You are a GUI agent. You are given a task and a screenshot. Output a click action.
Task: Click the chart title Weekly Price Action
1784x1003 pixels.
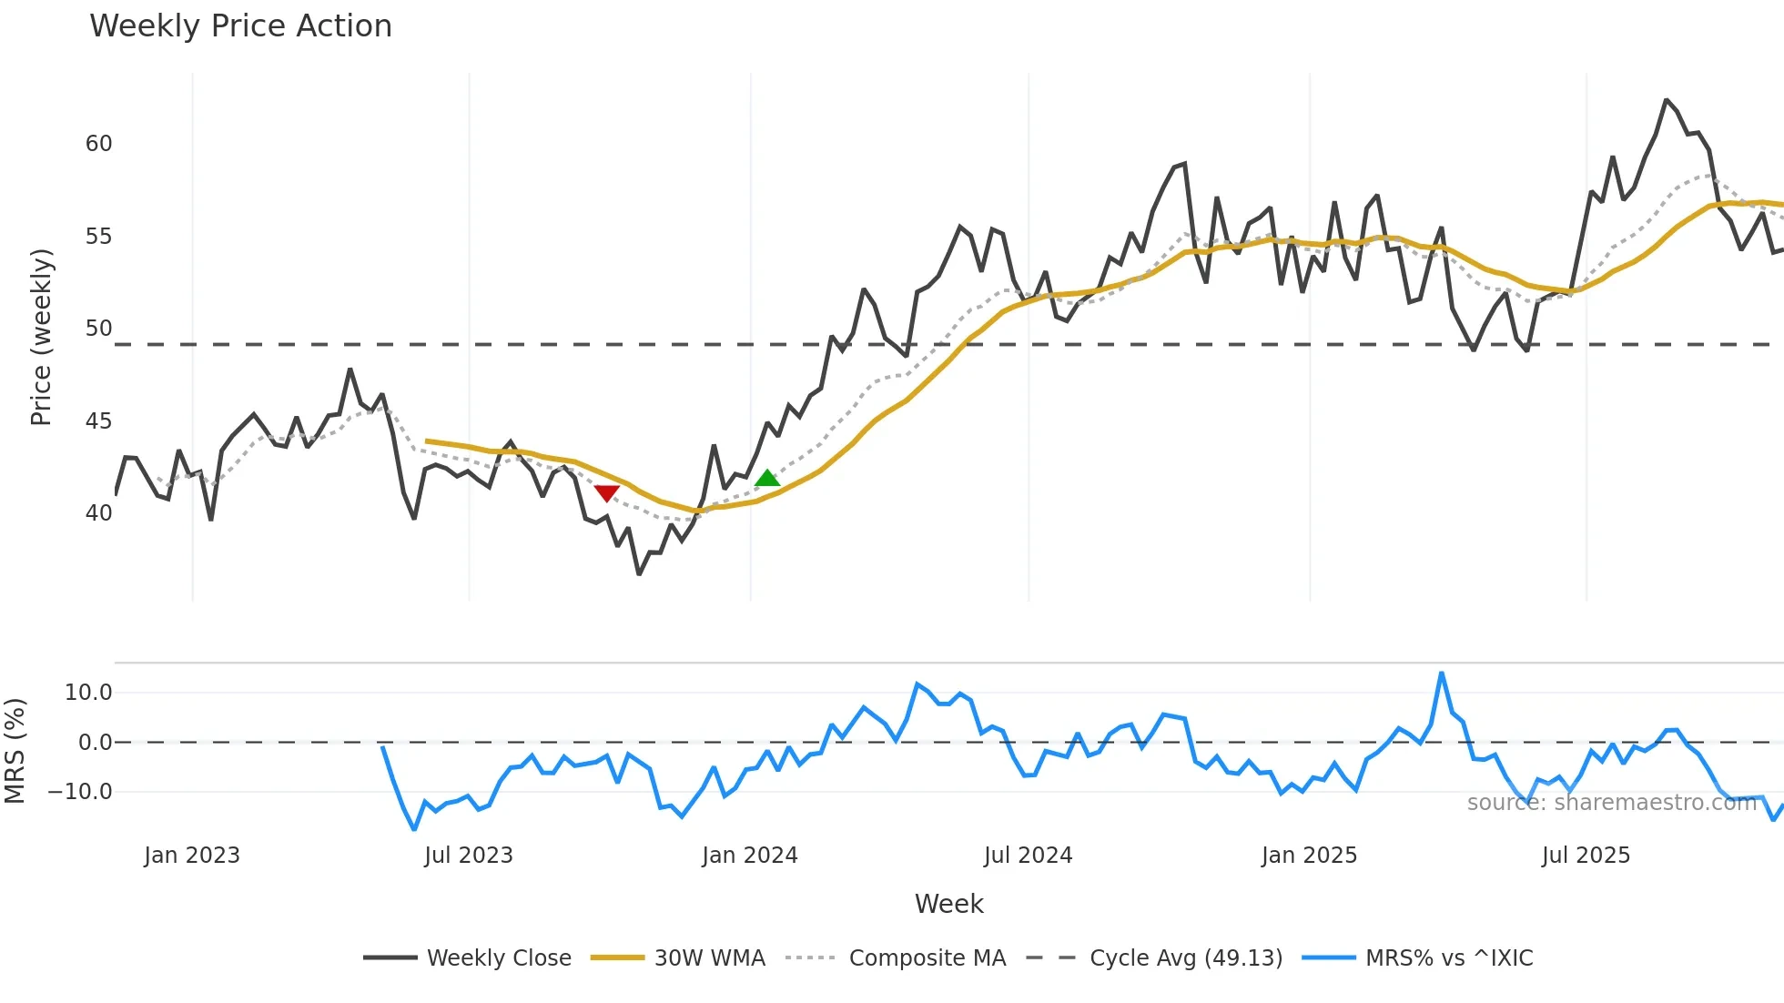point(240,26)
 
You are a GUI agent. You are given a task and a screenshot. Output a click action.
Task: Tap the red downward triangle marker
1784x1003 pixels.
point(606,493)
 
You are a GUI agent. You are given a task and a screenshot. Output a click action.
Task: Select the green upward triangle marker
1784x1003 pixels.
point(767,478)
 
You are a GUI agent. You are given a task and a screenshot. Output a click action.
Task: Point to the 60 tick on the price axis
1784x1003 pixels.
point(99,144)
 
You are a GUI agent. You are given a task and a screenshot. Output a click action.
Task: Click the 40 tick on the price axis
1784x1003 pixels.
point(99,513)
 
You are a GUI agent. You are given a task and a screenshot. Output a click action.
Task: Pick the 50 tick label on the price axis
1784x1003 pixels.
point(99,329)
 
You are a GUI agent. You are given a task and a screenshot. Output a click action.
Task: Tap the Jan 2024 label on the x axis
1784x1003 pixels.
point(750,856)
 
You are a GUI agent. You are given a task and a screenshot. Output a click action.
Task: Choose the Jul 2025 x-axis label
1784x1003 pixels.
point(1586,856)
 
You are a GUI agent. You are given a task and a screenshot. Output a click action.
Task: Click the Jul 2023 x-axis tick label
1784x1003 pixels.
point(469,856)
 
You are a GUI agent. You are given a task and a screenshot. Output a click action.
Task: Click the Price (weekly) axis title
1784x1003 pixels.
point(41,337)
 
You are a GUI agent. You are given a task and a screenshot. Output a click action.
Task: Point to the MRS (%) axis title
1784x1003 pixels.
point(15,751)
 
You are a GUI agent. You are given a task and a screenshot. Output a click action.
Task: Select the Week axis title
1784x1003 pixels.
point(948,904)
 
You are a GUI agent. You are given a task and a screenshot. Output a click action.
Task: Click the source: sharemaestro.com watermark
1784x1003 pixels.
point(1612,803)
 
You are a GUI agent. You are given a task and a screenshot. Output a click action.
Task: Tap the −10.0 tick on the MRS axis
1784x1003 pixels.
point(80,792)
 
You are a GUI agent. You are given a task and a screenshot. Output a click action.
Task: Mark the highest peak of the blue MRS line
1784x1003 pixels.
point(1442,674)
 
